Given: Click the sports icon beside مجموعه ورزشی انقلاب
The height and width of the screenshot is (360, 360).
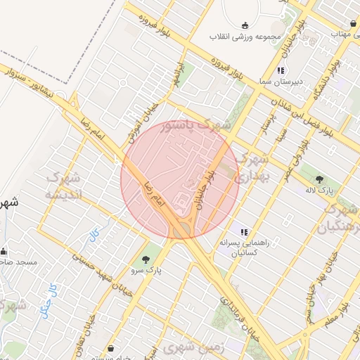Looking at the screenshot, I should [244, 25].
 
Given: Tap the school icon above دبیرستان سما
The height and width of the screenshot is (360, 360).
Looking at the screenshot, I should [281, 70].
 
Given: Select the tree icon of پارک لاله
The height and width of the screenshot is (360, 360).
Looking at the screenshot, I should [320, 179].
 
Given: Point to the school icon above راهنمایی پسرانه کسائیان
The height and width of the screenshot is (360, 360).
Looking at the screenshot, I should [243, 231].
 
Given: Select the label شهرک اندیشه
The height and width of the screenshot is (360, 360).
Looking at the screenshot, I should [64, 185].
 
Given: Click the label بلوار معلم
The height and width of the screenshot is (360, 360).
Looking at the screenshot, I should [339, 316].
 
